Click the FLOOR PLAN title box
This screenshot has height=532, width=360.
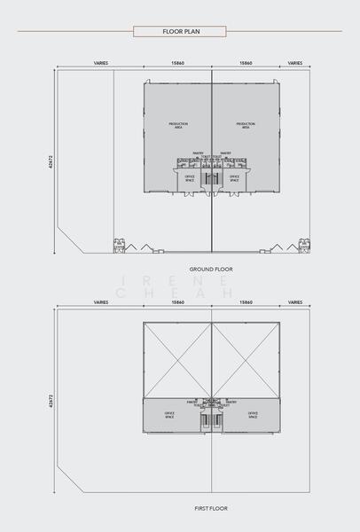point(180,31)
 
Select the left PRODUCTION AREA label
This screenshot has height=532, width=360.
point(177,125)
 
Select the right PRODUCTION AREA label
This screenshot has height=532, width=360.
point(246,125)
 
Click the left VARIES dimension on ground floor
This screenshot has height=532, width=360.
point(101,64)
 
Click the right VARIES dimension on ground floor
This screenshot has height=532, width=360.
point(295,64)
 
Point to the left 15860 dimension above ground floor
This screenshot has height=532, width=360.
point(177,64)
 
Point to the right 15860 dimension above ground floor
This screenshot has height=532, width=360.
point(246,64)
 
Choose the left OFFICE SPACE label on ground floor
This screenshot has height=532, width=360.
point(188,177)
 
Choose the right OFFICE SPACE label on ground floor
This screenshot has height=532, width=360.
point(235,177)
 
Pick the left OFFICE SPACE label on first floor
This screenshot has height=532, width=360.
point(169,414)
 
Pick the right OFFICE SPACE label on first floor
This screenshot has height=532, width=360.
point(253,414)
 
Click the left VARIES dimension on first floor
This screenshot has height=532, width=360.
point(101,302)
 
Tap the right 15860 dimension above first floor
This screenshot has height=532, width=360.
point(246,302)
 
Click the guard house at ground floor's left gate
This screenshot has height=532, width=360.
point(117,246)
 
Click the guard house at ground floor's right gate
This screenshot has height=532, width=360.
point(304,246)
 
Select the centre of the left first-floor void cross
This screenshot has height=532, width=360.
point(177,358)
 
